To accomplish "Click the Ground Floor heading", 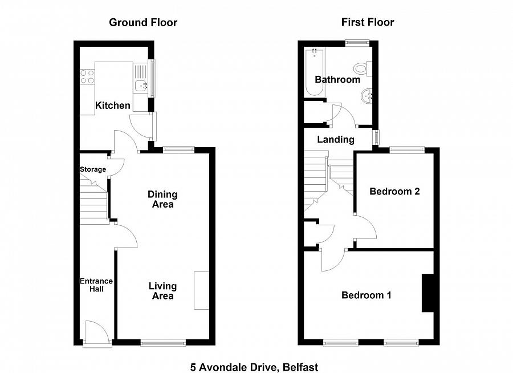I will point(143,23).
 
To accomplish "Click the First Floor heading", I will point(368,23).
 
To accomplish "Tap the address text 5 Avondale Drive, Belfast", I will point(254,367).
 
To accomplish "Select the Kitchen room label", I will point(112,106).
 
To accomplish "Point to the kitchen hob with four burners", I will point(87,76).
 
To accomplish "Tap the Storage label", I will point(92,169).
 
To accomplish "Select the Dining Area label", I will point(162,199).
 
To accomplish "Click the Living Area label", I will point(162,291).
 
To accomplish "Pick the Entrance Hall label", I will point(96,285).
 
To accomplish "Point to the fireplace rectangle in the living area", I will point(202,290).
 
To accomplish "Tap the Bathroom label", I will point(337,80).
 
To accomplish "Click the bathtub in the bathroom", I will point(313,73).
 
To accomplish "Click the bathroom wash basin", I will point(366,96).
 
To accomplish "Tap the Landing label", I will point(336,140).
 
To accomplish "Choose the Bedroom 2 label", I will point(394,192).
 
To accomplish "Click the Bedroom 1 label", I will point(366,295).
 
